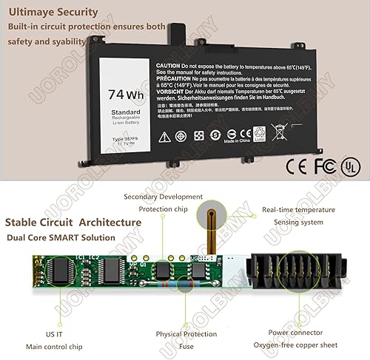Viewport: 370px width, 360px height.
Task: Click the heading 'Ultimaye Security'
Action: point(53,12)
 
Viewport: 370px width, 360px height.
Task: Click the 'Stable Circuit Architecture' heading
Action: point(73,221)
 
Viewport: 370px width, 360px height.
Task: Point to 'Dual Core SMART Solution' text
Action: point(60,237)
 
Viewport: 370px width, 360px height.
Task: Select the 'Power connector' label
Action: point(296,332)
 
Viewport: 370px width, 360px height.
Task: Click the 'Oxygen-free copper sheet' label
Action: point(304,344)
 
